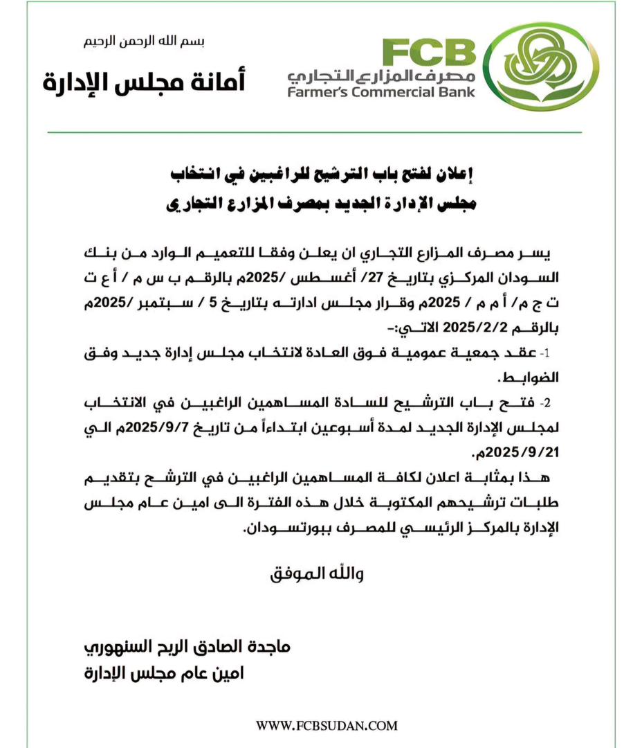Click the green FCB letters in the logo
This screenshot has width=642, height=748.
click(x=430, y=53)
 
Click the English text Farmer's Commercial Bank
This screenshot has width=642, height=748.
click(x=382, y=91)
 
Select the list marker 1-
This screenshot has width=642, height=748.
click(x=544, y=353)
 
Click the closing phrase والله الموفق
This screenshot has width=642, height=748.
click(x=316, y=574)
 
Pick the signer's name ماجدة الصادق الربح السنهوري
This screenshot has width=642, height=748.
click(x=187, y=648)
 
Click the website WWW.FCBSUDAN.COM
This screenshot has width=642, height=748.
click(x=327, y=725)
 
